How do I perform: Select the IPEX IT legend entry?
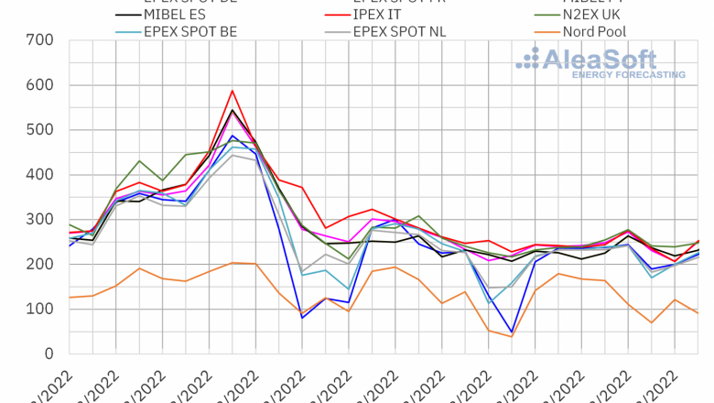(x=384, y=16)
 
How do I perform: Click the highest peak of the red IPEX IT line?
(x=233, y=91)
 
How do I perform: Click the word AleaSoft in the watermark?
(x=599, y=60)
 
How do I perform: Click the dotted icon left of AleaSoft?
(x=528, y=59)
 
